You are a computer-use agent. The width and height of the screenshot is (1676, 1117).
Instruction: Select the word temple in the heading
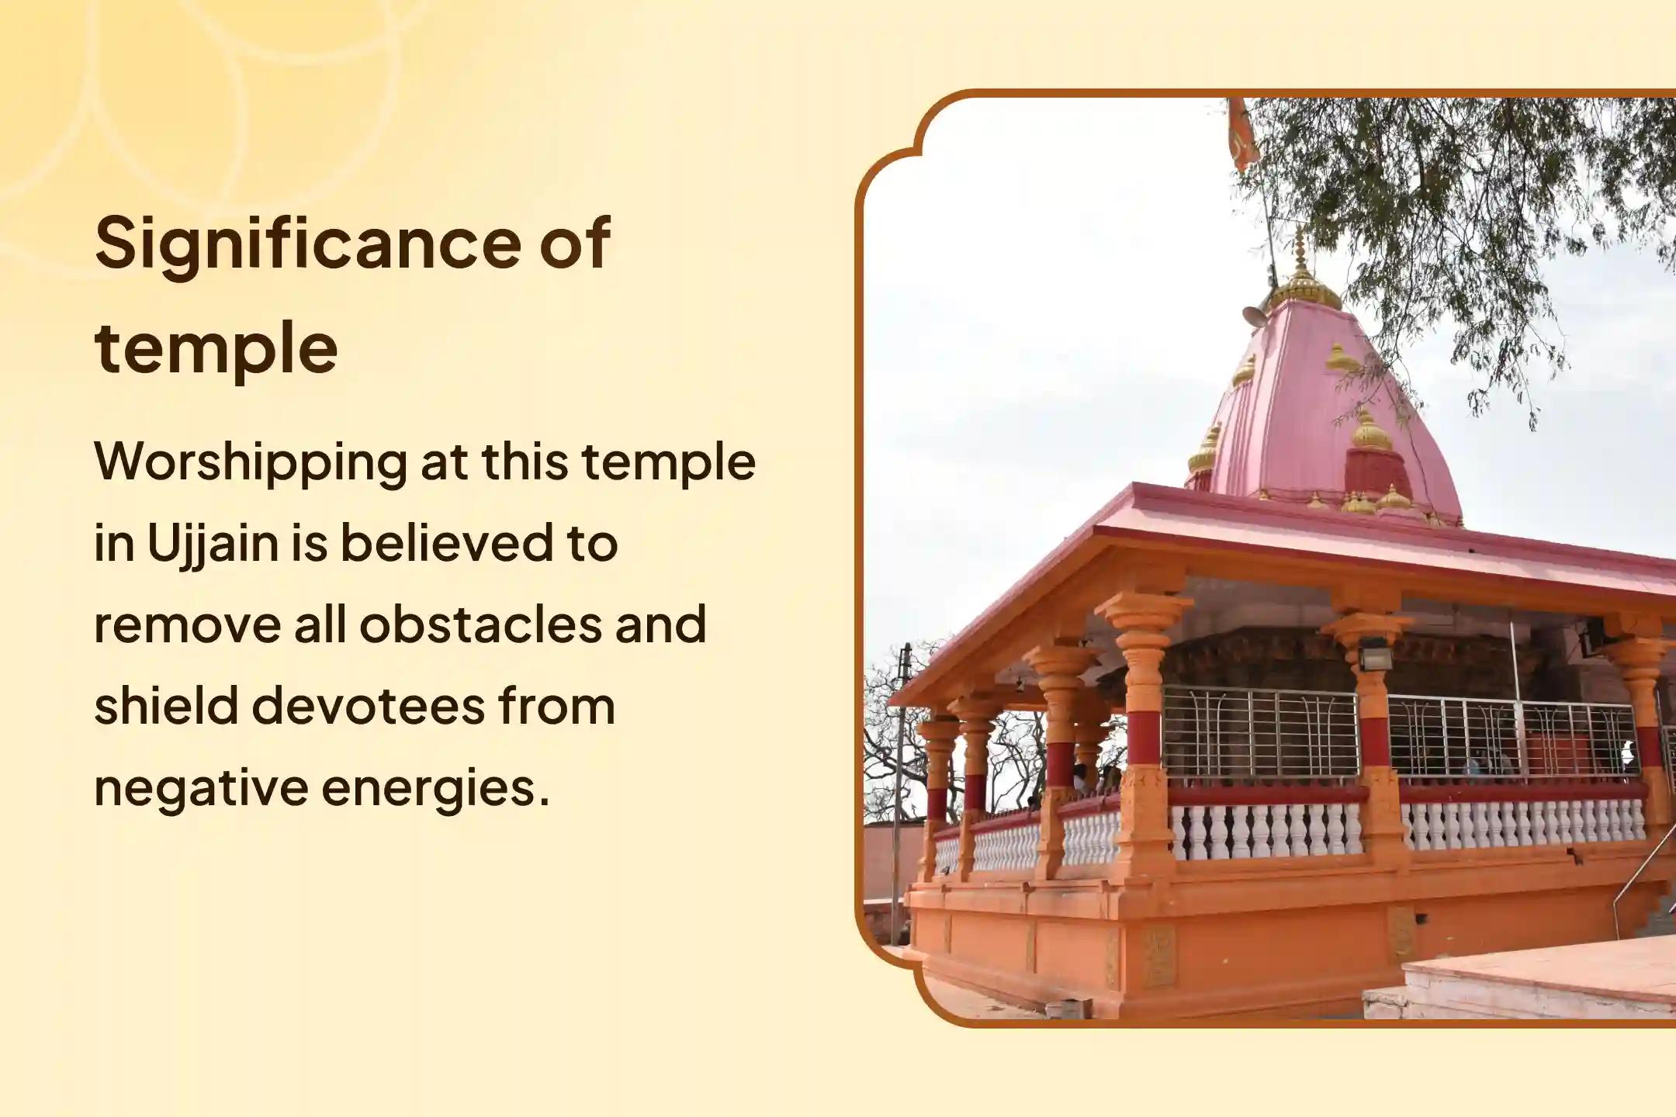tap(216, 348)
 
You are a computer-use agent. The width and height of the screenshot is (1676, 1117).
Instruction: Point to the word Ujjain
tap(213, 544)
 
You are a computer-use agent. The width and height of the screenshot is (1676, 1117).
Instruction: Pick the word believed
tap(448, 542)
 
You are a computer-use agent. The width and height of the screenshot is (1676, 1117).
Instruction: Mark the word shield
tap(165, 705)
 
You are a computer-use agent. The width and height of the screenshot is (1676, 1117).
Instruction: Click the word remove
tap(187, 624)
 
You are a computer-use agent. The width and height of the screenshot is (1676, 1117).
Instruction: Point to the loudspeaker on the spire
tap(1254, 315)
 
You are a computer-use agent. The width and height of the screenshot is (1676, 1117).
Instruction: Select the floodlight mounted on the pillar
tap(1374, 658)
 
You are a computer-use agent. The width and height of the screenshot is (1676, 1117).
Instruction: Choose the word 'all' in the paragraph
tap(320, 624)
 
